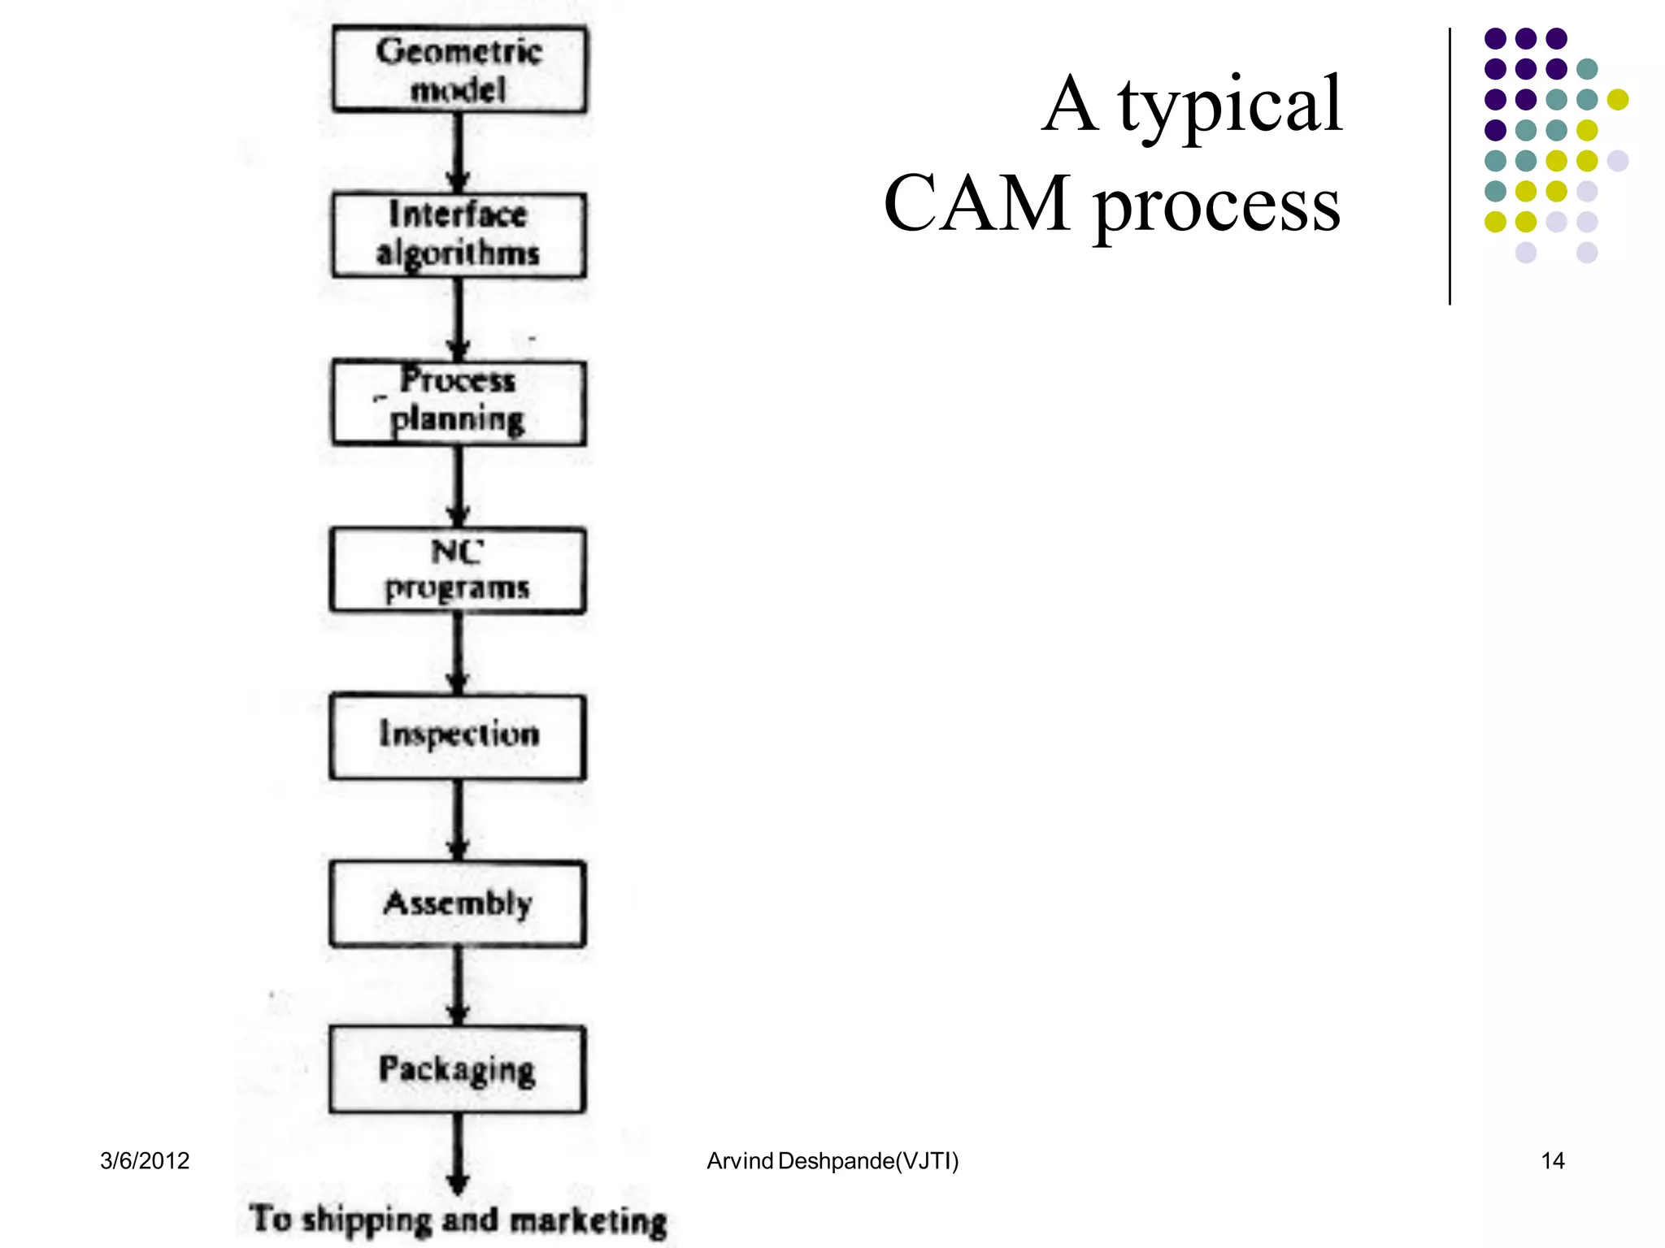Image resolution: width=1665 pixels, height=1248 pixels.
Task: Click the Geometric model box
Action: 459,69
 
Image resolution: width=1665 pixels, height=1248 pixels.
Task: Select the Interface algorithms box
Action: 459,235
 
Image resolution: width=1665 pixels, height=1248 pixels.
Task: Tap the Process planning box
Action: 459,402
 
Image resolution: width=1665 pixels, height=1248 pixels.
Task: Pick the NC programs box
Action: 458,570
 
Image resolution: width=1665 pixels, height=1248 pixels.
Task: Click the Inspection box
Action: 458,736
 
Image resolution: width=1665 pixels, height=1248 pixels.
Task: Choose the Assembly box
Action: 458,903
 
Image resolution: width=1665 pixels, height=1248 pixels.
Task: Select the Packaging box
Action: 458,1069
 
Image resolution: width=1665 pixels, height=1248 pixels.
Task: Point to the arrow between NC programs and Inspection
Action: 458,653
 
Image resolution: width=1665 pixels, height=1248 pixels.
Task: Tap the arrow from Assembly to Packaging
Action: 458,986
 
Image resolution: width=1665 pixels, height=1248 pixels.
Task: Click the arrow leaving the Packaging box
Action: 458,1154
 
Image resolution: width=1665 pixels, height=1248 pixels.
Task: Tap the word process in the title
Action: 1216,207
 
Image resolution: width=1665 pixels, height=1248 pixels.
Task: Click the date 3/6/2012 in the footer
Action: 145,1160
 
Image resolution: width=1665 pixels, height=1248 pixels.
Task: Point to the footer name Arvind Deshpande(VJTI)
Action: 832,1160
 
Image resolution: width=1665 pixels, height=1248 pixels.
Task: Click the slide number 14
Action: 1552,1160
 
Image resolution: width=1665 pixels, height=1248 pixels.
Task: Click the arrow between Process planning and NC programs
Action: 458,486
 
